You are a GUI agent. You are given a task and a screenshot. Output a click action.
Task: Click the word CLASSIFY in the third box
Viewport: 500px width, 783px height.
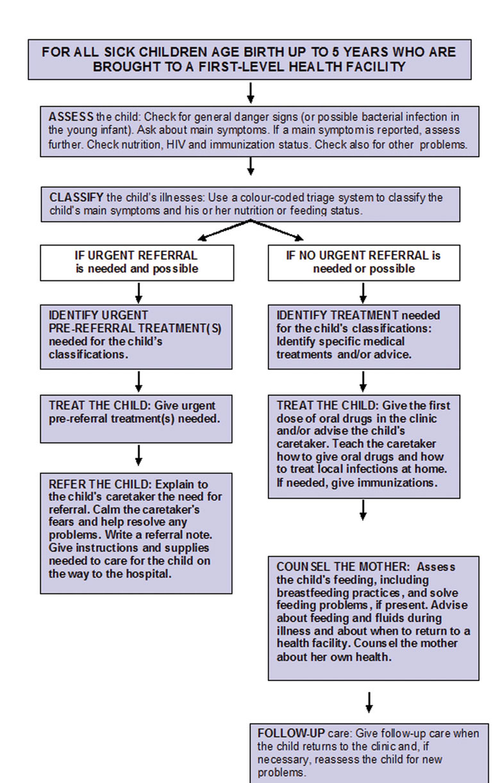coord(74,198)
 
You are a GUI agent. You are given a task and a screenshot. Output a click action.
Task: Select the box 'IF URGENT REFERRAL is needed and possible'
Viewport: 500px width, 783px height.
coord(137,262)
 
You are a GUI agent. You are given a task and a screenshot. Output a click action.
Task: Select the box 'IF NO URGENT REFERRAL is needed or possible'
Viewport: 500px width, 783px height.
coord(363,262)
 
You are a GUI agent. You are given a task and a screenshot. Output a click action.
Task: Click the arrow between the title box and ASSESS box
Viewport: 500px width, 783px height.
coord(251,92)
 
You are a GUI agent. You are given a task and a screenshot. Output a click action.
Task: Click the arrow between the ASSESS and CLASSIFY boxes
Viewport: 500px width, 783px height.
coord(251,166)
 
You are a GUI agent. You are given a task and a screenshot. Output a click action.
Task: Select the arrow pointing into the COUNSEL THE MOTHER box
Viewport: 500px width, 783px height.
coord(363,510)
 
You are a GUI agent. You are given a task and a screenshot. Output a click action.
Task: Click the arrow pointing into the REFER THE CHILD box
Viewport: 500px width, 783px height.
coord(139,455)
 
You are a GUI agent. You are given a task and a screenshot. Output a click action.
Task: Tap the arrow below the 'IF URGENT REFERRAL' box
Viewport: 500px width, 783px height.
coord(139,292)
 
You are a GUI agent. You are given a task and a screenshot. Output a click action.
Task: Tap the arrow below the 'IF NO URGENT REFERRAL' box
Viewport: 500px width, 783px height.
coord(363,292)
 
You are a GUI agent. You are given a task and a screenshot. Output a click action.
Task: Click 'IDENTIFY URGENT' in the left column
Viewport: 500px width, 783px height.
coord(99,316)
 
